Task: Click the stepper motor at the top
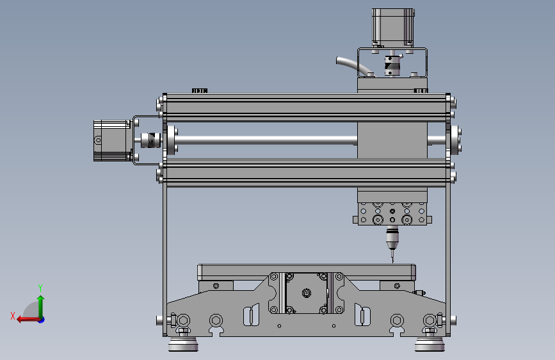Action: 393,28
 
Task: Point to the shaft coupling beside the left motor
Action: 149,140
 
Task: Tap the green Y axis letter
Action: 40,288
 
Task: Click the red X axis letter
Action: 13,316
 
